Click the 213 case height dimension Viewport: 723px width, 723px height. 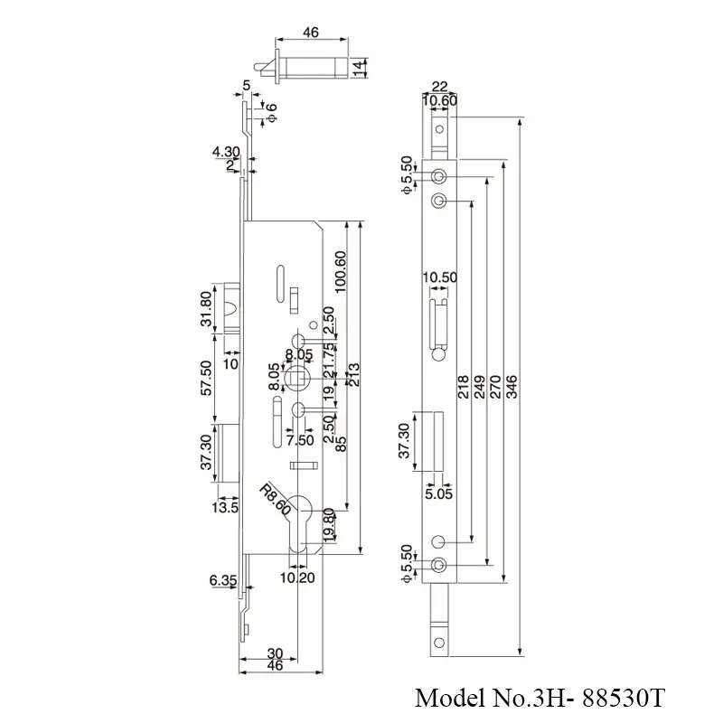pyautogui.click(x=353, y=380)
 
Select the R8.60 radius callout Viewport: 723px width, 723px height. pyautogui.click(x=274, y=499)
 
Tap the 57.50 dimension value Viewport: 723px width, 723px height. pyautogui.click(x=206, y=378)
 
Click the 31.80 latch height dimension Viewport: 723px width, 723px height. pyautogui.click(x=206, y=309)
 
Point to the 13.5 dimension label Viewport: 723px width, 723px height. pyautogui.click(x=226, y=508)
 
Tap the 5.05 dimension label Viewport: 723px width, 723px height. pyautogui.click(x=438, y=493)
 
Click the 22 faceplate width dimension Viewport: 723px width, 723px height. pyautogui.click(x=439, y=87)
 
